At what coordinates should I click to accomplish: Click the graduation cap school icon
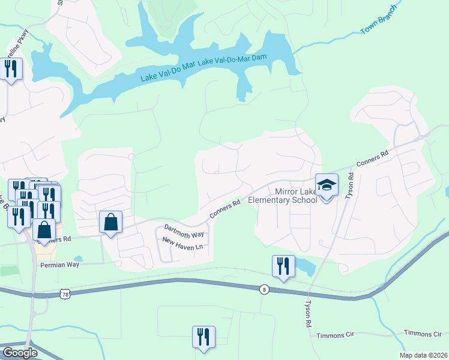click(327, 186)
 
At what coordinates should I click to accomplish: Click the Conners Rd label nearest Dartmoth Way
click(225, 209)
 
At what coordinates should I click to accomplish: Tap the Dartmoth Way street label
click(184, 230)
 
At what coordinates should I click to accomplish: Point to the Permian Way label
click(59, 265)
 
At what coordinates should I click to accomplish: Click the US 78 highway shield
click(65, 294)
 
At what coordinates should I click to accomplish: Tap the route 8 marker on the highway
click(264, 290)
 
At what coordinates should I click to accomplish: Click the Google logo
click(19, 353)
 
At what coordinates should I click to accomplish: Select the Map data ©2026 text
click(423, 355)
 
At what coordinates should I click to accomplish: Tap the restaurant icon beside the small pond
click(283, 266)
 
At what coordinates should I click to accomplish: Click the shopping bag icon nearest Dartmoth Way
click(111, 223)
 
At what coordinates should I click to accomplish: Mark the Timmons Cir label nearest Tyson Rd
click(325, 335)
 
